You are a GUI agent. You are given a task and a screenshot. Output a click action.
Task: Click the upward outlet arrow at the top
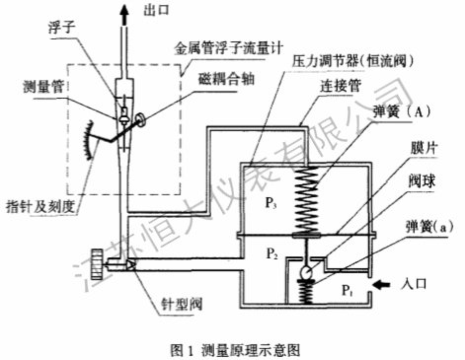point(124,14)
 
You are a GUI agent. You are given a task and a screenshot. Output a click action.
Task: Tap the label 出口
point(156,10)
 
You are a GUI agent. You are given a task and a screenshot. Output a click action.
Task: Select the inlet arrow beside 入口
point(383,285)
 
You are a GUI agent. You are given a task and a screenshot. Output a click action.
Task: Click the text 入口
point(414,283)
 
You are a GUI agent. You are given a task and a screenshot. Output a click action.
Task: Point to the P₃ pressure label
point(271,203)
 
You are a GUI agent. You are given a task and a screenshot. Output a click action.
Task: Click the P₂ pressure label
point(271,253)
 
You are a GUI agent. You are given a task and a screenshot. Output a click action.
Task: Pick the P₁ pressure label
point(348,290)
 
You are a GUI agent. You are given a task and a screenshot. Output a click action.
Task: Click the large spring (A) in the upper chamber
point(307,200)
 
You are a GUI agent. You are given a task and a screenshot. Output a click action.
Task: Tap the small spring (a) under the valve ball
point(306,291)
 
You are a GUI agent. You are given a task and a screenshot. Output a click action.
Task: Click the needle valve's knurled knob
point(97,260)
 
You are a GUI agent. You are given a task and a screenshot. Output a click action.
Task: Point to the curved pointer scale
point(88,140)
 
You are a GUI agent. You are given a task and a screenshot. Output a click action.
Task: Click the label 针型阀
point(182,304)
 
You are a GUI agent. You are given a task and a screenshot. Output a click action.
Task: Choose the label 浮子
point(62,28)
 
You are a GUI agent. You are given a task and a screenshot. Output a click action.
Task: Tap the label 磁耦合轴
point(226,79)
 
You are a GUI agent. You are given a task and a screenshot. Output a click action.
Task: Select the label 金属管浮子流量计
point(228,49)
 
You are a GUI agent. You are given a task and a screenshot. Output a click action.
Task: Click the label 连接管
point(341,86)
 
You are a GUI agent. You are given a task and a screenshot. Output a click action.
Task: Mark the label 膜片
point(424,148)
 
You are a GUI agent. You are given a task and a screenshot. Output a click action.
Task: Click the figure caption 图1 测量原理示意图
point(235,350)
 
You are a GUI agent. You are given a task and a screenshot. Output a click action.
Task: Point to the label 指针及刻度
point(40,207)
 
